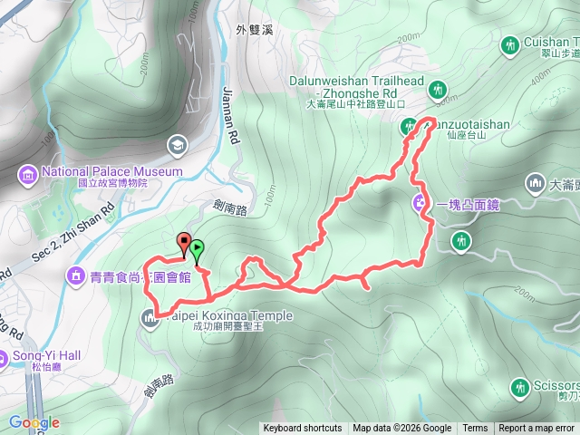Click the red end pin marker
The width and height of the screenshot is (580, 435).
click(x=185, y=243)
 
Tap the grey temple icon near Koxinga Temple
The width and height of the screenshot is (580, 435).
click(x=149, y=316)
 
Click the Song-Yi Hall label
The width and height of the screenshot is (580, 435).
click(x=46, y=355)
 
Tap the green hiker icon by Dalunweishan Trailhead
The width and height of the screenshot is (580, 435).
click(x=440, y=89)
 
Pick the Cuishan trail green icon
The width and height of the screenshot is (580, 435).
click(x=510, y=43)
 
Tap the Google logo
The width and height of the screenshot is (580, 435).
click(x=34, y=423)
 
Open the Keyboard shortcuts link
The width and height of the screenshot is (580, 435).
click(x=303, y=429)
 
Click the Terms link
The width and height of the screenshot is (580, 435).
click(x=475, y=429)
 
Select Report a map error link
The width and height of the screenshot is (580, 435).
click(x=536, y=429)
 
